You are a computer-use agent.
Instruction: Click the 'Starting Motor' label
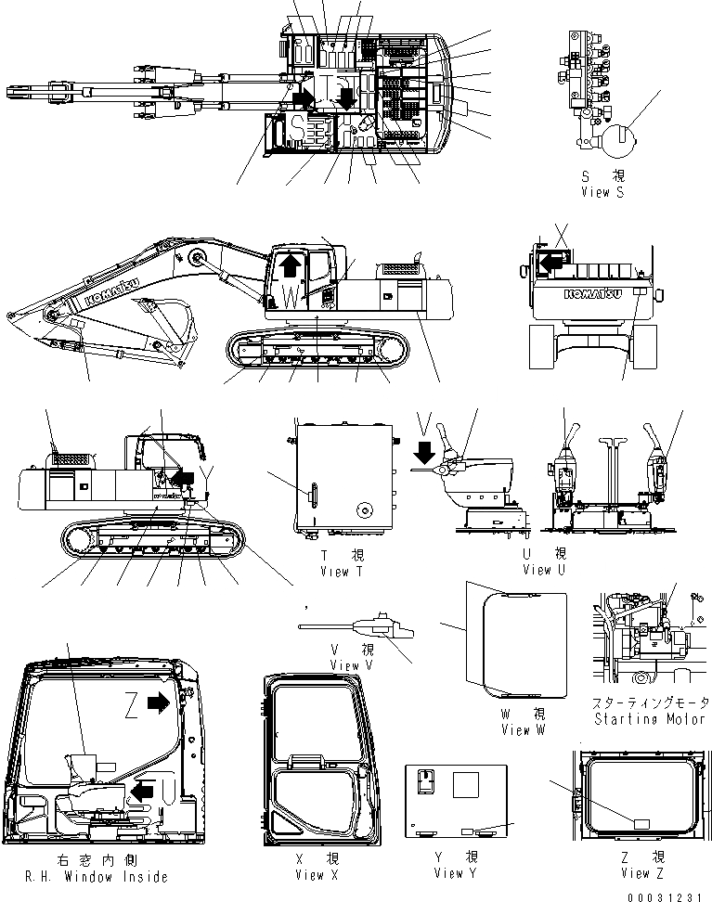click(x=647, y=719)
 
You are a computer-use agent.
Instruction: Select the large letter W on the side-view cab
click(x=291, y=298)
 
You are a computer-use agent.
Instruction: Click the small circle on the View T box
click(x=365, y=511)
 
